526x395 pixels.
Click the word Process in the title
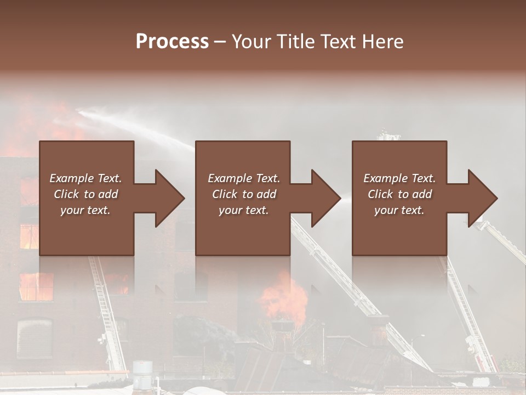pos(172,41)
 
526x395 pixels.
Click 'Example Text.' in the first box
pos(85,178)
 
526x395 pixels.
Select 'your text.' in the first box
pos(85,210)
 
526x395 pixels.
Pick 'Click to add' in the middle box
pos(244,194)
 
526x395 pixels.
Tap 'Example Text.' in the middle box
pos(244,178)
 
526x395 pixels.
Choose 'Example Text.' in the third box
pos(399,178)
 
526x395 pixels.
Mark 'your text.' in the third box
pos(399,210)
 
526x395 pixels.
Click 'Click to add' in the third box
pos(399,194)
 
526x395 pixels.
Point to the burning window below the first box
pos(36,286)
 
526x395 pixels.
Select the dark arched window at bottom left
pos(34,338)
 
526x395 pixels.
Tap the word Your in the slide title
pos(250,41)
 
